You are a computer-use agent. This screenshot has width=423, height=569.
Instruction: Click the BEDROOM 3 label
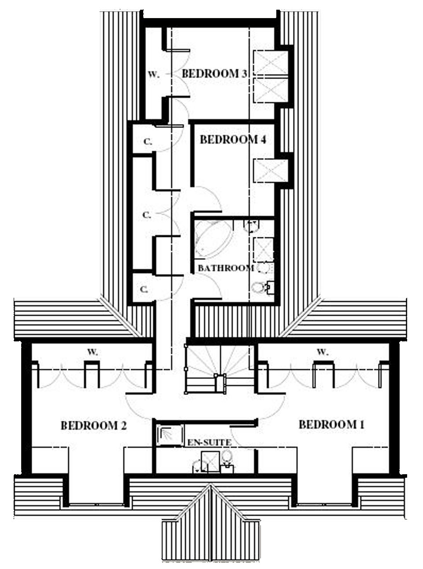pyautogui.click(x=214, y=74)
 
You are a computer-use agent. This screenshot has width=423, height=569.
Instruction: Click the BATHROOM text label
pyautogui.click(x=226, y=268)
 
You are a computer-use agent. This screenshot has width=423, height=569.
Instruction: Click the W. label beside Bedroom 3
pyautogui.click(x=154, y=75)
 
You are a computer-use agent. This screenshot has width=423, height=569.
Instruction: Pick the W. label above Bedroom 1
pyautogui.click(x=323, y=352)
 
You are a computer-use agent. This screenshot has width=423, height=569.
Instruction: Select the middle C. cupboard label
pyautogui.click(x=147, y=215)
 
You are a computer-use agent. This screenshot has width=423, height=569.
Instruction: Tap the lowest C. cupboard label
pyautogui.click(x=144, y=290)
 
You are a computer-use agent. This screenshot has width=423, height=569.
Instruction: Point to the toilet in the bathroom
pyautogui.click(x=259, y=287)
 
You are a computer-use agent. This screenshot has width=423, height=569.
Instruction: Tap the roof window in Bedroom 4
pyautogui.click(x=271, y=170)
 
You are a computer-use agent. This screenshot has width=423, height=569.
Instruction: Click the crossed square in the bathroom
pyautogui.click(x=263, y=250)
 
